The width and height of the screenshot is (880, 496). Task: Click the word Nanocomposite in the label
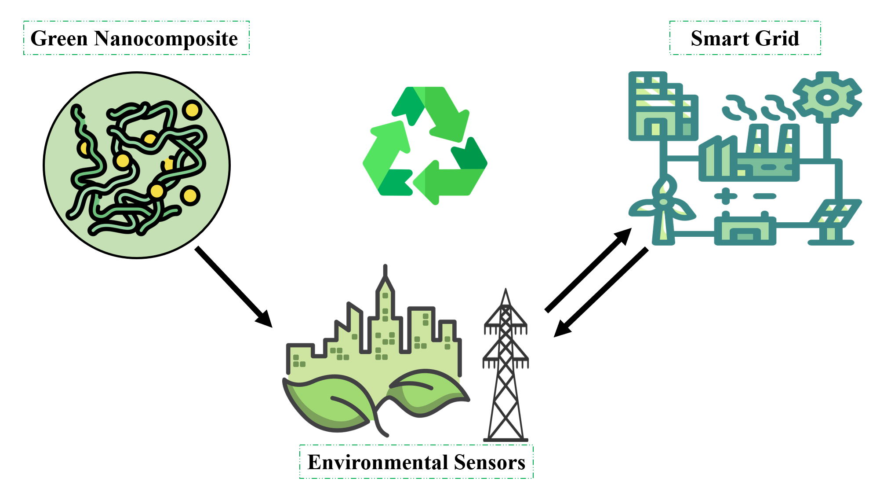[x=166, y=39]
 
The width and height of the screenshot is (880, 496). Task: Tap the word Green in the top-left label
[x=59, y=39]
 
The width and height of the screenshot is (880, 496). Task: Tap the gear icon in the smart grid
[x=827, y=97]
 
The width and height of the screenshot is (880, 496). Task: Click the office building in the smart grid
[x=662, y=108]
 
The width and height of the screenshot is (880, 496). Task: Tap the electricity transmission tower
[x=505, y=370]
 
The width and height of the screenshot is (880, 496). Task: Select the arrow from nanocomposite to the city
[x=233, y=286]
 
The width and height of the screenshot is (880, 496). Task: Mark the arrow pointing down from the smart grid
[x=600, y=292]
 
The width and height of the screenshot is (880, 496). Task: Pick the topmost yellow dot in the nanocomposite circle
[x=192, y=110]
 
